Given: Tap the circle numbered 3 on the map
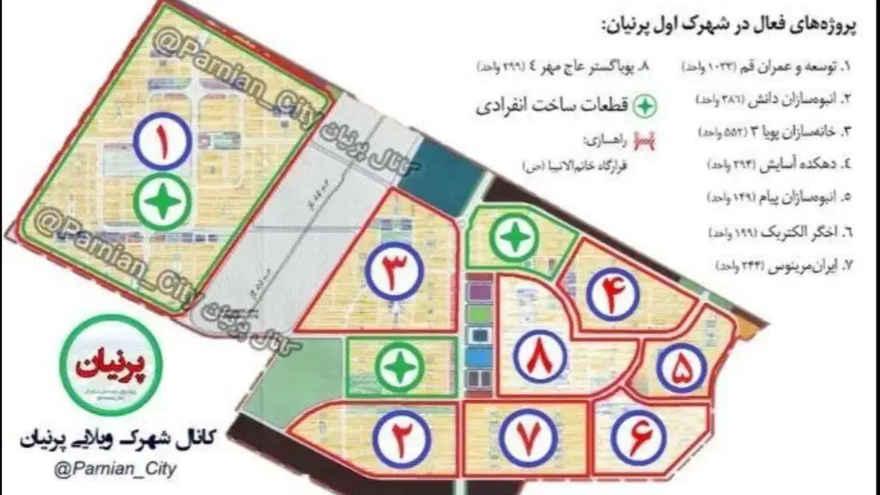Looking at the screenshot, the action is [x=394, y=272].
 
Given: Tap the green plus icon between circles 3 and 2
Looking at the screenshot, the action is [x=398, y=368].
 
